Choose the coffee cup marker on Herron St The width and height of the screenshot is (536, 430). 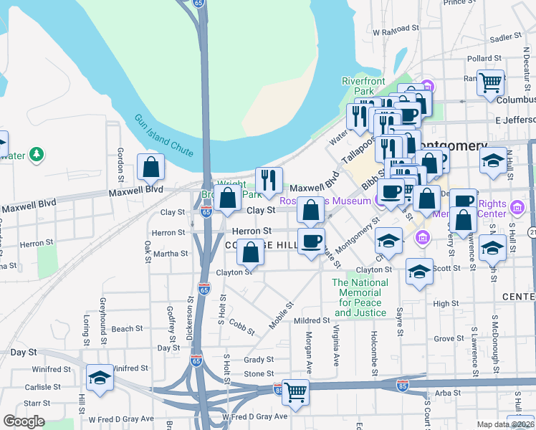pyautogui.click(x=311, y=240)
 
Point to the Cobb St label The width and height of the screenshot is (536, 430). pyautogui.click(x=242, y=327)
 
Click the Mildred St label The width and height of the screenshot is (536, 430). pyautogui.click(x=310, y=320)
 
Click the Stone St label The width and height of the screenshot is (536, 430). pyautogui.click(x=259, y=374)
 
